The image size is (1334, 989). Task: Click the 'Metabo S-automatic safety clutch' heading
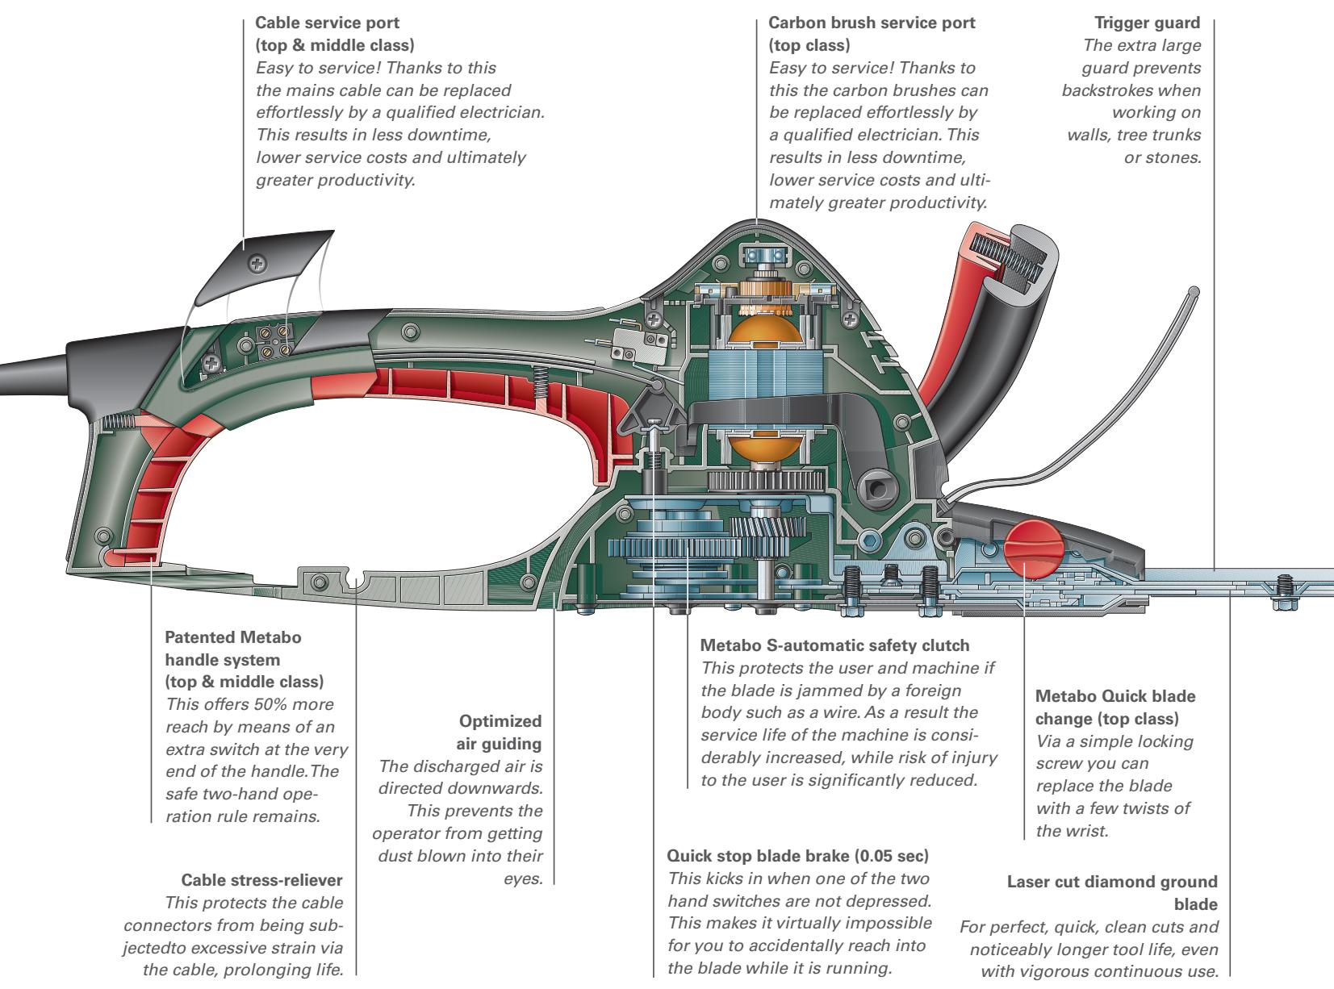pos(834,646)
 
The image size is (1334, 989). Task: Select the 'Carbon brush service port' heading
pos(872,23)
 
